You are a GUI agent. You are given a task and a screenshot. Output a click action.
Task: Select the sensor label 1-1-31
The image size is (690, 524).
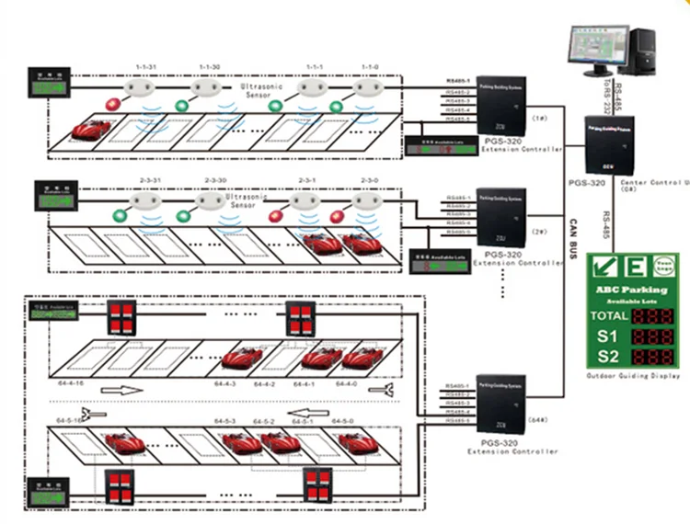[x=147, y=67]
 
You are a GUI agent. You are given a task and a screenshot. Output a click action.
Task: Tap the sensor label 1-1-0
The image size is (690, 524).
[x=370, y=67]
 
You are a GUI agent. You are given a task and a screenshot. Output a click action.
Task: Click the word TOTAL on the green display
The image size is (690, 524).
[x=609, y=315]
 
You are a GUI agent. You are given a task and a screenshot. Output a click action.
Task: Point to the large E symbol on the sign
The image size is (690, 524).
[x=637, y=268]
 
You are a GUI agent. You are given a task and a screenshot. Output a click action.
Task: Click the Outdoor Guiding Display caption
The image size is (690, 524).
[x=634, y=376]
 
